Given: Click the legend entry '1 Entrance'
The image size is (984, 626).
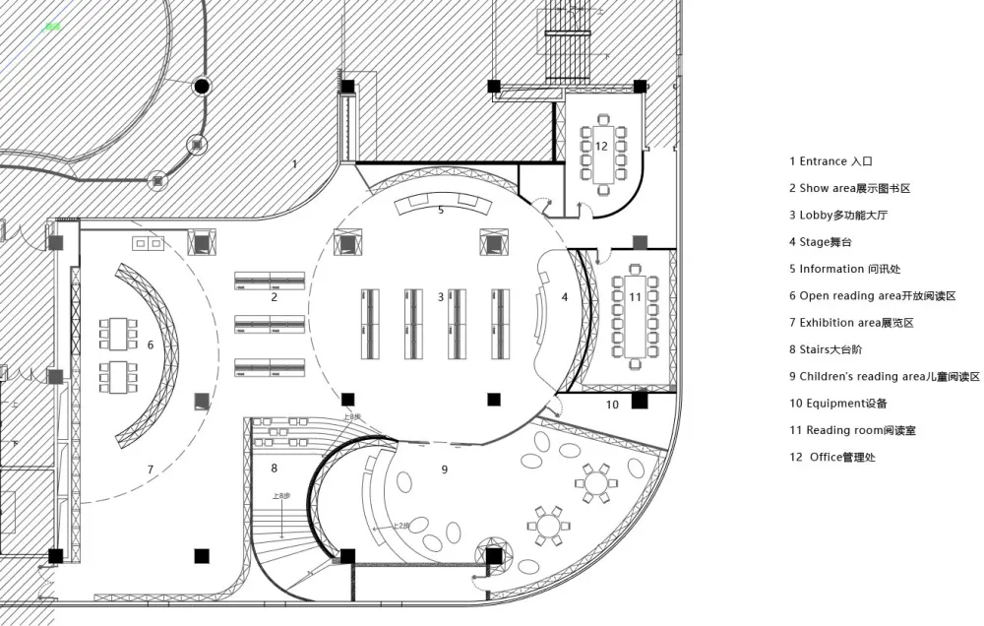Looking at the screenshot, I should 831,161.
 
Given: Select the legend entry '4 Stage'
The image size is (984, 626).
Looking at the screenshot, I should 819,242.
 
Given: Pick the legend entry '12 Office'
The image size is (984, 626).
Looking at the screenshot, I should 832,457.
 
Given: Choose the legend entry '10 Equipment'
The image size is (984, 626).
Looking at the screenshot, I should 838,403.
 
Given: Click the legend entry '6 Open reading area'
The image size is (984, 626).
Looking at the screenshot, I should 872,295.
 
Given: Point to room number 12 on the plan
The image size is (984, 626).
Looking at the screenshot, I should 601,146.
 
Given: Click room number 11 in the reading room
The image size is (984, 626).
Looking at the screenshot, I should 636,296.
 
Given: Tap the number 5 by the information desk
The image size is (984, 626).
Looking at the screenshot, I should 441,210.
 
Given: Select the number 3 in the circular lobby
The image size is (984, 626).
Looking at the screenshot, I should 441,297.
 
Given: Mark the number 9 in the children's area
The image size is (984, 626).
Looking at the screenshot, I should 444,470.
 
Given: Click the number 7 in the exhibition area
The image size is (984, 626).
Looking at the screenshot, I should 151,469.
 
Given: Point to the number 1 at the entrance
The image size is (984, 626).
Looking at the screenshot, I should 294,163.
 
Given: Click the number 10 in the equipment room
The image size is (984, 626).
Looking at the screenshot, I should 612,405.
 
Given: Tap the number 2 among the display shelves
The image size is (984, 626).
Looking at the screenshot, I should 275,297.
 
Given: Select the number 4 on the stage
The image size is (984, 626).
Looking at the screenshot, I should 565,297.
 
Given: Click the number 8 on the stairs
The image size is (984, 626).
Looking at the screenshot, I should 274,469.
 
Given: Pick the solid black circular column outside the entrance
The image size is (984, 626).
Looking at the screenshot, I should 202,87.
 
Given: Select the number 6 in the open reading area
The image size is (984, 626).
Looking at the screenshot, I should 151,344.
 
